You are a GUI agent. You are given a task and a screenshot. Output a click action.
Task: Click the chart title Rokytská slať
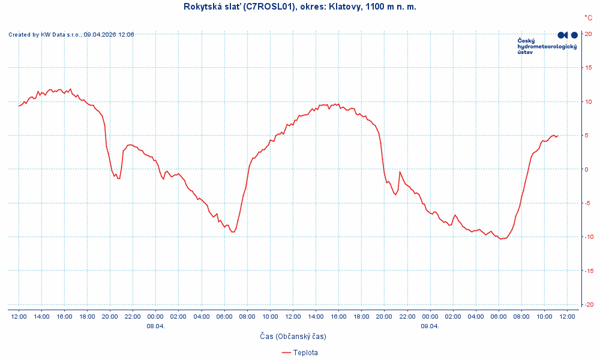[299, 7]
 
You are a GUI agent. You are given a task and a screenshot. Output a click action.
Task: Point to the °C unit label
[588, 18]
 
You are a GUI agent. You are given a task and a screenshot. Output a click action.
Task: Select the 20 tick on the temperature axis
[589, 34]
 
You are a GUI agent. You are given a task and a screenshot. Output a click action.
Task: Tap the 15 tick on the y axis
[589, 67]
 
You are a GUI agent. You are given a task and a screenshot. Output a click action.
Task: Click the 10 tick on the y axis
[589, 101]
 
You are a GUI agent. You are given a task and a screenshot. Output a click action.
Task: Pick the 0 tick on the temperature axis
[587, 169]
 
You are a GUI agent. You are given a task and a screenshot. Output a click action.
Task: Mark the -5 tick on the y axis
[589, 203]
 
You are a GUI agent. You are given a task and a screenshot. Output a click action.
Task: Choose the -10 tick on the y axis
[590, 236]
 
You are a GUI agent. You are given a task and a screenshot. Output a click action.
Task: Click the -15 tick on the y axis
[590, 271]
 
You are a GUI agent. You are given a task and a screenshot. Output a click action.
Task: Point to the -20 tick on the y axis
[590, 304]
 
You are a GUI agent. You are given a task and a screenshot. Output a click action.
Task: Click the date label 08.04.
[155, 326]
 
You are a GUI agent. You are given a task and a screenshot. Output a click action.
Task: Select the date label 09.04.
[430, 326]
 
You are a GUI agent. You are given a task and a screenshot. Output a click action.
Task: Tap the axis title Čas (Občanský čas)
[293, 337]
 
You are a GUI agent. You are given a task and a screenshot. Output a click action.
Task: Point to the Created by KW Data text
[71, 35]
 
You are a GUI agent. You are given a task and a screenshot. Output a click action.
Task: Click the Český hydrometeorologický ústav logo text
[547, 46]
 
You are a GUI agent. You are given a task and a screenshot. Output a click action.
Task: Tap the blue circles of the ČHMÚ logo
[567, 35]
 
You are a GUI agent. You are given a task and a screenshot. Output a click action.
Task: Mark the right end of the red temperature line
[558, 136]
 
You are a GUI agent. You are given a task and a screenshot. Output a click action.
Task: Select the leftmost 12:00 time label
[19, 316]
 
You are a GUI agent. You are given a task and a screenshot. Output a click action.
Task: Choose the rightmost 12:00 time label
[567, 316]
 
